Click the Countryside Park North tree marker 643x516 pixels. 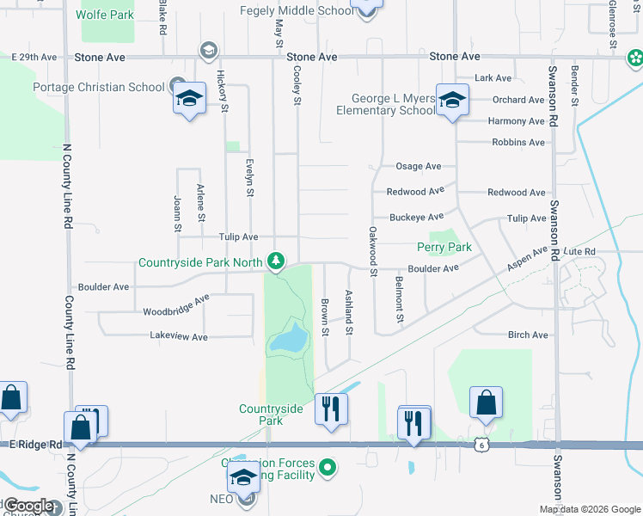click(x=275, y=260)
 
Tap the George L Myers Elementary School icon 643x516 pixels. click(x=450, y=101)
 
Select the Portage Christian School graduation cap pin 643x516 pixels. click(x=190, y=99)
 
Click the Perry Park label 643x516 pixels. click(x=444, y=247)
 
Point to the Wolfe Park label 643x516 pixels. click(x=105, y=15)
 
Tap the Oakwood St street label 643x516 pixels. click(x=373, y=251)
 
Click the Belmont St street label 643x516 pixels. click(x=400, y=298)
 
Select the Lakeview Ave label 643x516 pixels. click(x=179, y=337)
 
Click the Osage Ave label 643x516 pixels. click(x=418, y=166)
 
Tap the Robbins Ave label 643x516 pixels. click(x=518, y=142)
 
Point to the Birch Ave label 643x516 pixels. click(x=528, y=335)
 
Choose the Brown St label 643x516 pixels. click(x=325, y=316)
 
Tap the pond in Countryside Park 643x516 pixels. click(x=289, y=339)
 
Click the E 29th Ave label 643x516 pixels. click(x=34, y=57)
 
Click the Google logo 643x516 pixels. click(x=28, y=506)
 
